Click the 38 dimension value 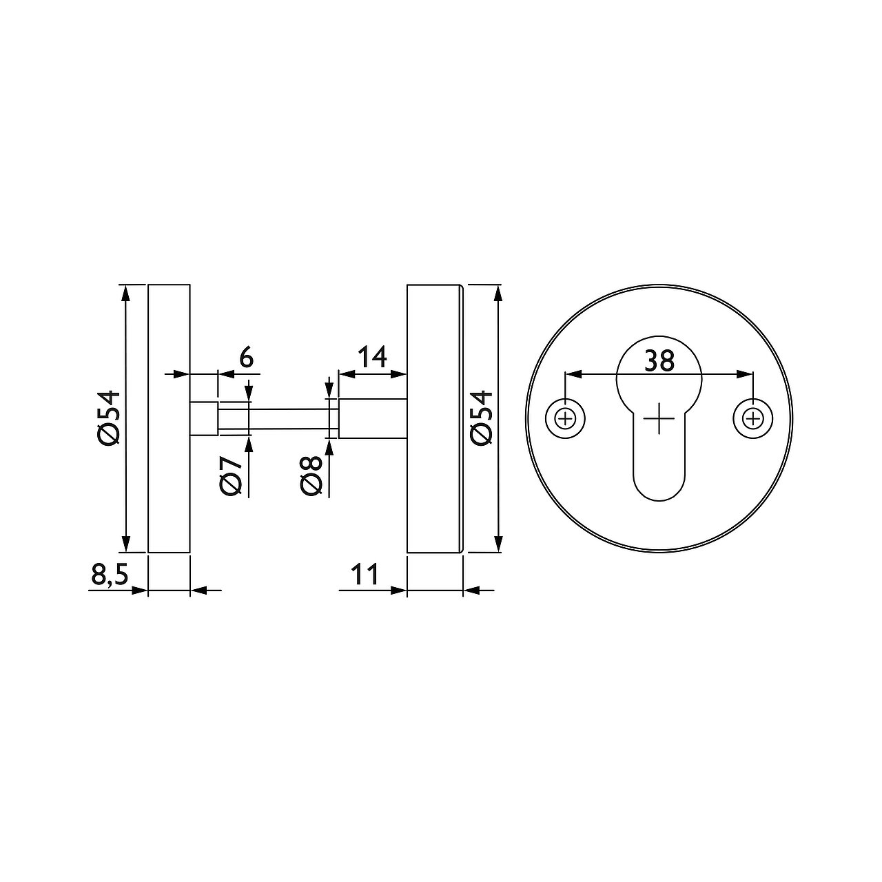point(659,361)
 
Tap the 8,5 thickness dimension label point(110,574)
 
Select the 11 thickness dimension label point(365,575)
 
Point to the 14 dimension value point(371,357)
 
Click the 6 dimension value point(246,358)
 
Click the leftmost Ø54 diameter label point(109,418)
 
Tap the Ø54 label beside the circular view point(482,418)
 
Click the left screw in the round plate point(566,418)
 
